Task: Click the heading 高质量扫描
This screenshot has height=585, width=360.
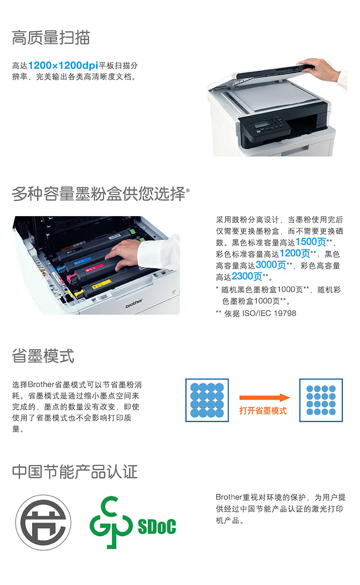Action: pos(51,37)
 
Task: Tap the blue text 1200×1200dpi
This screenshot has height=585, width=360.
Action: pos(63,65)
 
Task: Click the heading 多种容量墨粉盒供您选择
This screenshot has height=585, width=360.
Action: pos(99,194)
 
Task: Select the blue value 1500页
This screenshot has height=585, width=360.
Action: pos(311,242)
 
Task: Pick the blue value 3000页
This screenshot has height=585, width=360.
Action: pos(271,265)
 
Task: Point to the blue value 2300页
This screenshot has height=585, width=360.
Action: pos(247,276)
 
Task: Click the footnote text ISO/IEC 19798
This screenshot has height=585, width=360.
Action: pos(269,313)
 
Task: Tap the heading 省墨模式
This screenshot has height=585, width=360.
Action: pos(43,355)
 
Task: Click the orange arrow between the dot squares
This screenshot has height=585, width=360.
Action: pos(264,398)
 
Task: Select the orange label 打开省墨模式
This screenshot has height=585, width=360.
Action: pos(263,411)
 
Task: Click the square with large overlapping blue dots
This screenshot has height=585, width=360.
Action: pos(207,400)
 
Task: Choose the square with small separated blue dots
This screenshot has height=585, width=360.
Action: pos(321,400)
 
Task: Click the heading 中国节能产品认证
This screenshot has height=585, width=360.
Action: pos(75,472)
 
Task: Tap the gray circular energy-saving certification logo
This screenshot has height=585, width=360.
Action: pos(43,523)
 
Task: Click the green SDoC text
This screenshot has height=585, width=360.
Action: pos(157,526)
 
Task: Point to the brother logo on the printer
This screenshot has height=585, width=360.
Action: pos(134,303)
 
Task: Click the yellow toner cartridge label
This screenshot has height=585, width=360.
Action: pos(102,284)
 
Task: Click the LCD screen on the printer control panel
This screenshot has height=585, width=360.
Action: pos(262,124)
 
